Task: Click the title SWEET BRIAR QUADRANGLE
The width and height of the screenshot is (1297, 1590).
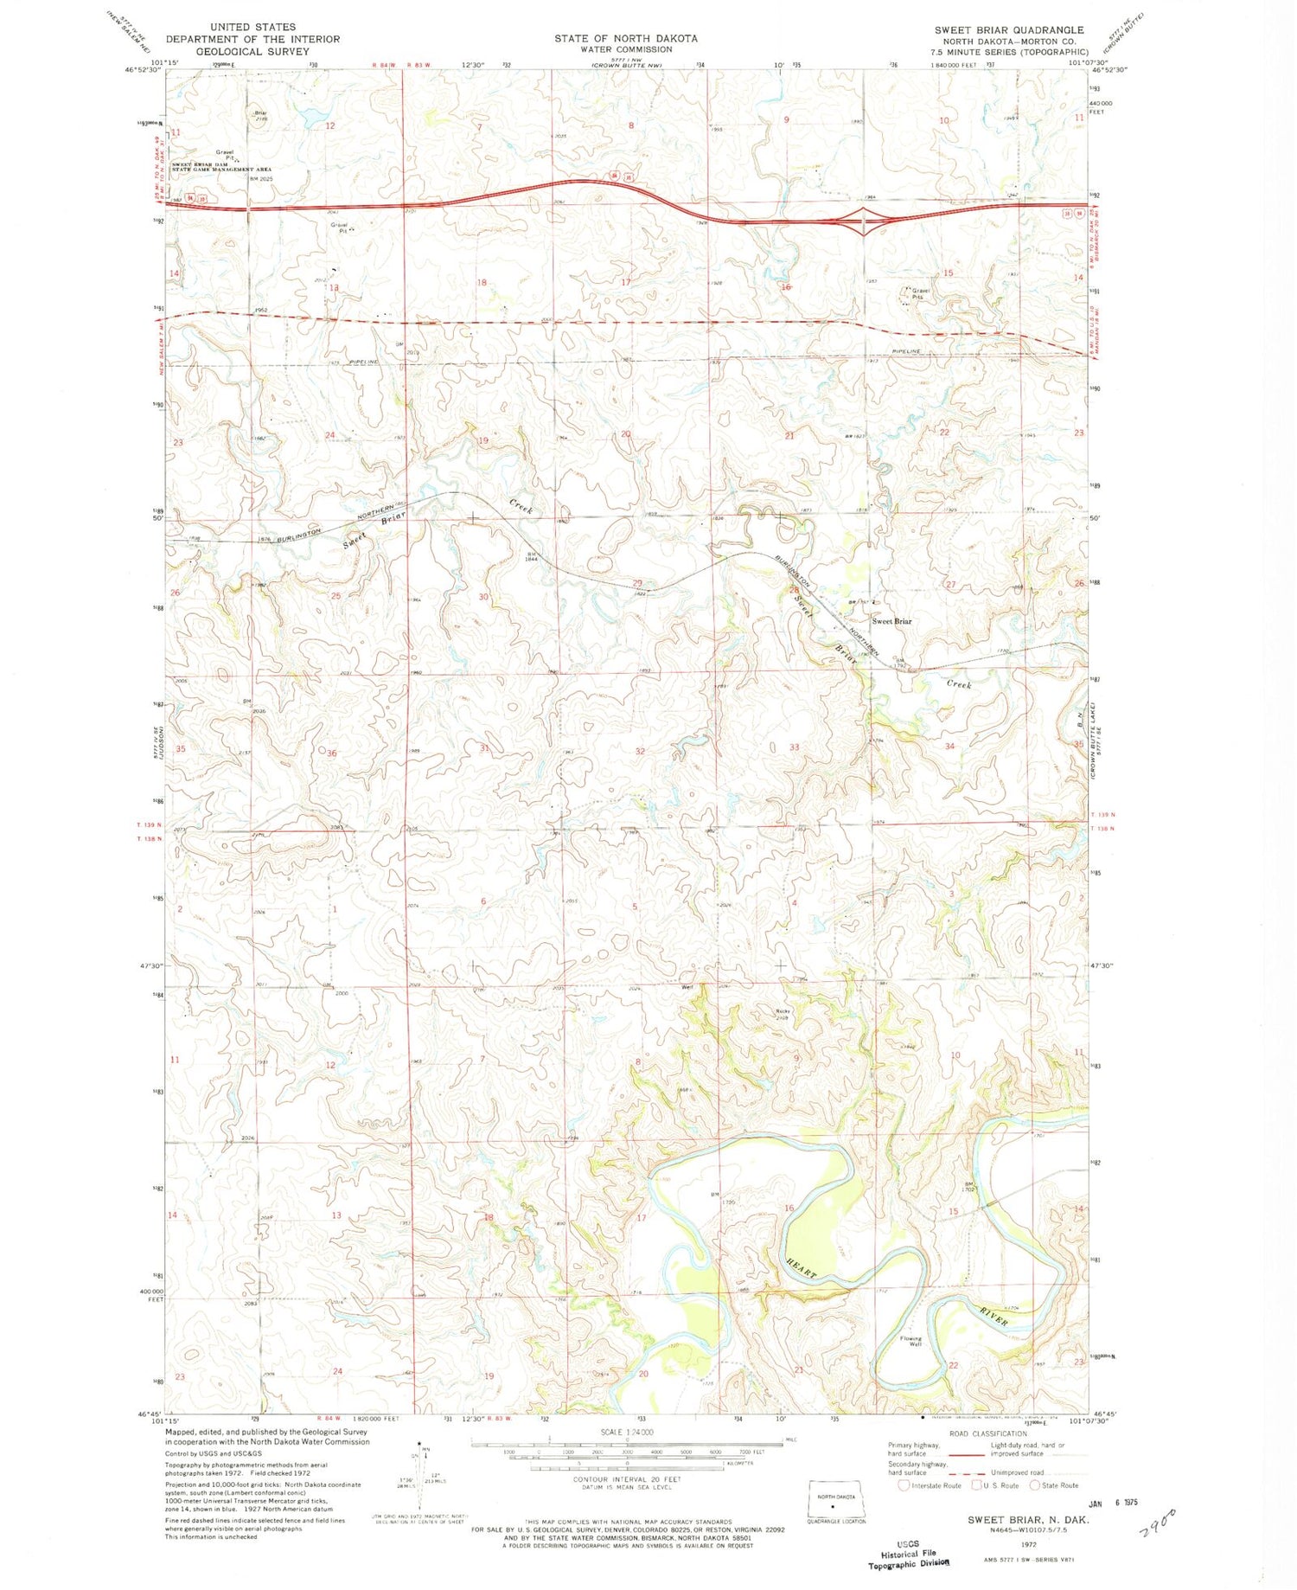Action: (x=1008, y=29)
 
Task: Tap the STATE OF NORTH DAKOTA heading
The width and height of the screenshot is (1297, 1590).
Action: (x=625, y=38)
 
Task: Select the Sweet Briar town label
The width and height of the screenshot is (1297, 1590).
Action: (x=891, y=621)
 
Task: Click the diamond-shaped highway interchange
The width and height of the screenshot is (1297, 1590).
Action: (x=862, y=221)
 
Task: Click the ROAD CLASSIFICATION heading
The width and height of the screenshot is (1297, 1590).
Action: (x=988, y=1433)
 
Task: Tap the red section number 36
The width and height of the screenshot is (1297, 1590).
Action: (x=331, y=753)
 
